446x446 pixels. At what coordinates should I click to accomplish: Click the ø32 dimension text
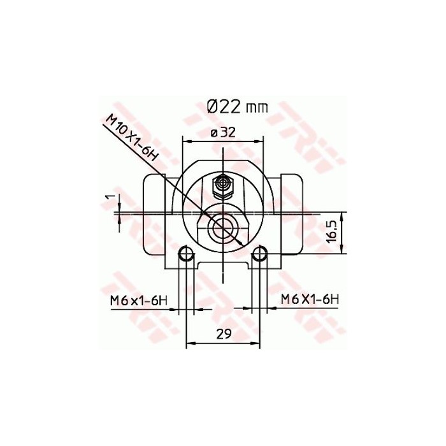pos(224,133)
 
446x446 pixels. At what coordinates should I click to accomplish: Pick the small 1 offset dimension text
pos(109,198)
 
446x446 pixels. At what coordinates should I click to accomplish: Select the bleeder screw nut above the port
pos(222,185)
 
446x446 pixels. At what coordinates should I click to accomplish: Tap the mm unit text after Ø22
pos(257,108)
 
